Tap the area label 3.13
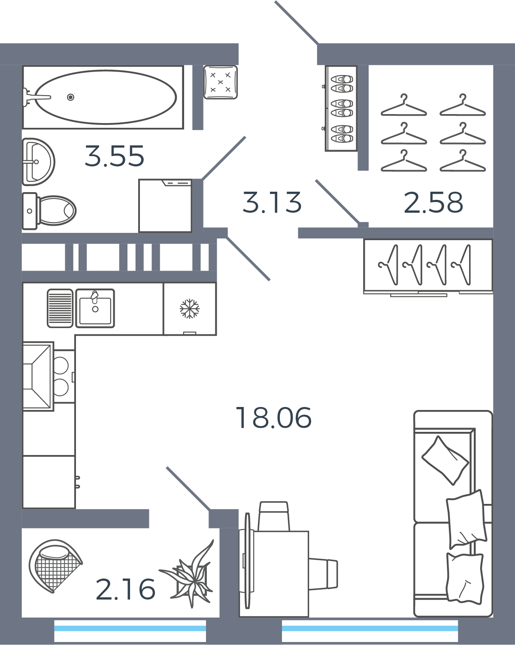(272, 202)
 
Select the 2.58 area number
(433, 202)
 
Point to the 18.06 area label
(273, 418)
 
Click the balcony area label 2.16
(125, 589)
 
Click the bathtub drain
(70, 97)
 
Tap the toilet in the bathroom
(49, 211)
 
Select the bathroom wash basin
(38, 162)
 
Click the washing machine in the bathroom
(165, 205)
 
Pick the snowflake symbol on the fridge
(190, 308)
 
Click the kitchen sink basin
(95, 308)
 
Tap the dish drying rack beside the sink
(60, 308)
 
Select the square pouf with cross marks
(221, 82)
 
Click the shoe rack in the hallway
(341, 108)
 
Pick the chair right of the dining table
(323, 574)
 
